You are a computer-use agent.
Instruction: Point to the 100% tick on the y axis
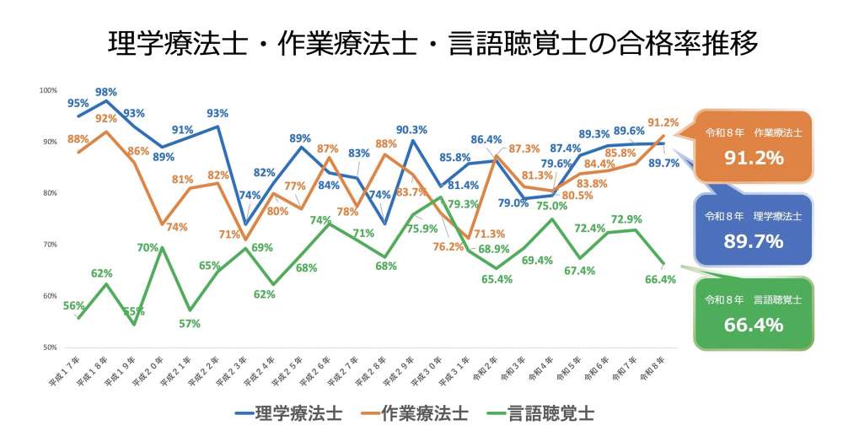click(x=48, y=90)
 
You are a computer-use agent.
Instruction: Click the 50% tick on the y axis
click(x=49, y=348)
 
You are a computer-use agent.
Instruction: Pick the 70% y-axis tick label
click(x=49, y=245)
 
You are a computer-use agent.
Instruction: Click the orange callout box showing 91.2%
click(x=754, y=145)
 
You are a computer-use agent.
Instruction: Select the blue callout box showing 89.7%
click(x=754, y=230)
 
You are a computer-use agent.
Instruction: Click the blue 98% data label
click(x=106, y=91)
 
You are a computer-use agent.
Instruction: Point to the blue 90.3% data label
click(x=411, y=129)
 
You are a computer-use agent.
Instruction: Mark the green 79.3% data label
click(x=464, y=204)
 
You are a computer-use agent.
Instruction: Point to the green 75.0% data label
click(x=550, y=205)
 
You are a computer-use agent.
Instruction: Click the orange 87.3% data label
click(x=524, y=148)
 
